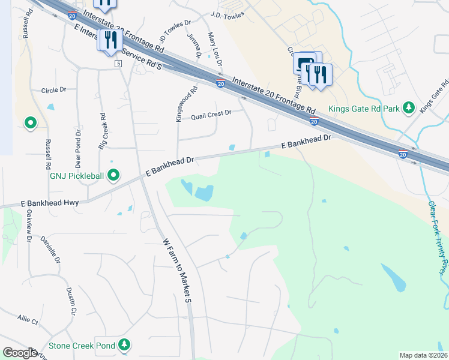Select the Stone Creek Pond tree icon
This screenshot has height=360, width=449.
click(x=124, y=345)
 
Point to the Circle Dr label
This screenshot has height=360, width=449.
click(x=53, y=90)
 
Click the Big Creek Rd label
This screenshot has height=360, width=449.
click(x=102, y=131)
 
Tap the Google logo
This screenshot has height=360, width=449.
click(x=20, y=353)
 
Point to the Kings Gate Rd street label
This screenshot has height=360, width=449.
click(x=435, y=97)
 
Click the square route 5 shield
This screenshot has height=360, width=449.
click(x=118, y=64)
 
